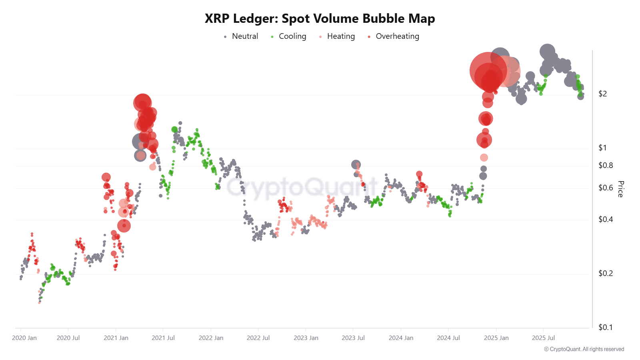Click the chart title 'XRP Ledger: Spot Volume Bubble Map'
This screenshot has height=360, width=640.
(320, 18)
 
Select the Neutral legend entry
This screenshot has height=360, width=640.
(241, 36)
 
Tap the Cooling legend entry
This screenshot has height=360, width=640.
(288, 36)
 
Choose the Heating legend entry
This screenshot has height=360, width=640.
(337, 36)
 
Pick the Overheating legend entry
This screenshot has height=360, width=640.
(393, 36)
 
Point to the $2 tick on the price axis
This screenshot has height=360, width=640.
(602, 94)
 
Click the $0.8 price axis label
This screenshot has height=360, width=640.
(605, 165)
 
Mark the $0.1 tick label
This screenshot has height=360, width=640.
(605, 327)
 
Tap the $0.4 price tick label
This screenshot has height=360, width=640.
(605, 219)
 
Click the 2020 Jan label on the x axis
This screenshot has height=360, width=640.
(24, 338)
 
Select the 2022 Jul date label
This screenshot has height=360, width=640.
(258, 338)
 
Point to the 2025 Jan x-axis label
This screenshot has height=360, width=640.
(496, 338)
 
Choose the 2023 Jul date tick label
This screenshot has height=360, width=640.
(353, 338)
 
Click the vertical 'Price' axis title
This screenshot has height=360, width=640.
(620, 189)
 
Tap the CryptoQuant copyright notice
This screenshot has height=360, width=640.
(584, 349)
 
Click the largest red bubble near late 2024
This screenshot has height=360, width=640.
(488, 71)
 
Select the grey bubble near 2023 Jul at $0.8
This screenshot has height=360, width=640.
(356, 164)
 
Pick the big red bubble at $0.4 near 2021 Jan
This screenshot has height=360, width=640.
(124, 226)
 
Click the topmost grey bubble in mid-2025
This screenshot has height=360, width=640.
(547, 51)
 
